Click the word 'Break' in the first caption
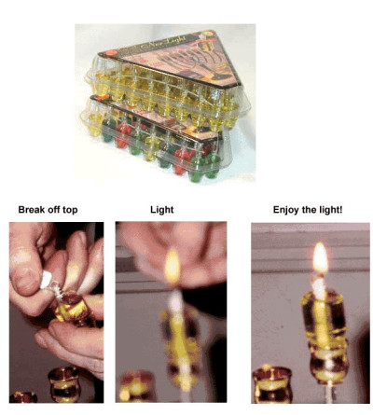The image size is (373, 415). pyautogui.click(x=28, y=211)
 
